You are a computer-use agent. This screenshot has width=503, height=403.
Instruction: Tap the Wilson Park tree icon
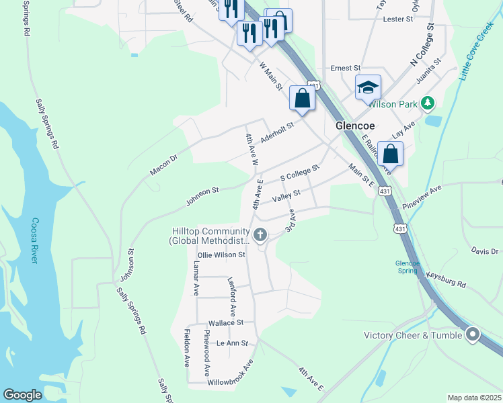pos(426,103)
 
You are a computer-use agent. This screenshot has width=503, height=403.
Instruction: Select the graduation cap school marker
pos(368,88)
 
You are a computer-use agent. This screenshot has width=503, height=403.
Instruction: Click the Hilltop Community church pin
pos(261,234)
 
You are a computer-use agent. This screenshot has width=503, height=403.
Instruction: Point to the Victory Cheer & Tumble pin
pos(473,334)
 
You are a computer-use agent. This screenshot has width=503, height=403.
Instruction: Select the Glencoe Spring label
pos(408,267)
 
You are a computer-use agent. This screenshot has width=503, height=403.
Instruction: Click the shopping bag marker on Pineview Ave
pos(390,154)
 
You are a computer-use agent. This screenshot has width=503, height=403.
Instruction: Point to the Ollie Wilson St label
pos(221,255)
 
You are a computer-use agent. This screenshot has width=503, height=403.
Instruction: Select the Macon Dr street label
pos(163,165)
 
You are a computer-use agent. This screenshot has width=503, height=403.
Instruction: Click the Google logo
pos(22,395)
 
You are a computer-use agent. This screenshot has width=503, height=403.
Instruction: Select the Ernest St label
pos(346,69)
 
